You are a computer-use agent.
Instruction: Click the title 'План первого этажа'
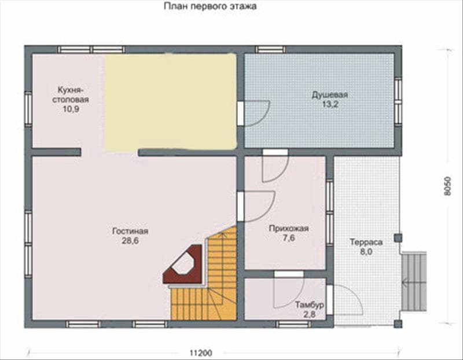pos(210,6)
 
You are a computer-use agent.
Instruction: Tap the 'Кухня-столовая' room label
pos(71,94)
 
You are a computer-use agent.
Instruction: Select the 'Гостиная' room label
pos(130,231)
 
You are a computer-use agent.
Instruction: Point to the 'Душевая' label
pos(330,95)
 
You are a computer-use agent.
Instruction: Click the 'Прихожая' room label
pos(289,228)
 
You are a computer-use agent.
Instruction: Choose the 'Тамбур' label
pos(310,304)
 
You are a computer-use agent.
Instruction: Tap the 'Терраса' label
pos(366,242)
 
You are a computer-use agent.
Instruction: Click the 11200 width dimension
pos(201,353)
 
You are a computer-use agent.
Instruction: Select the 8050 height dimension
pos(447,186)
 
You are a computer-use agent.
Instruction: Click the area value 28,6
pos(130,241)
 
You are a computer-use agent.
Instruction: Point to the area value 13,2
pos(330,104)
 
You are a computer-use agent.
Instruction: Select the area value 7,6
pos(289,238)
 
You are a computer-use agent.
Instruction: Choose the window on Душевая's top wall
pos(270,49)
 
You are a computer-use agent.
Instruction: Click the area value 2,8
pos(310,314)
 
